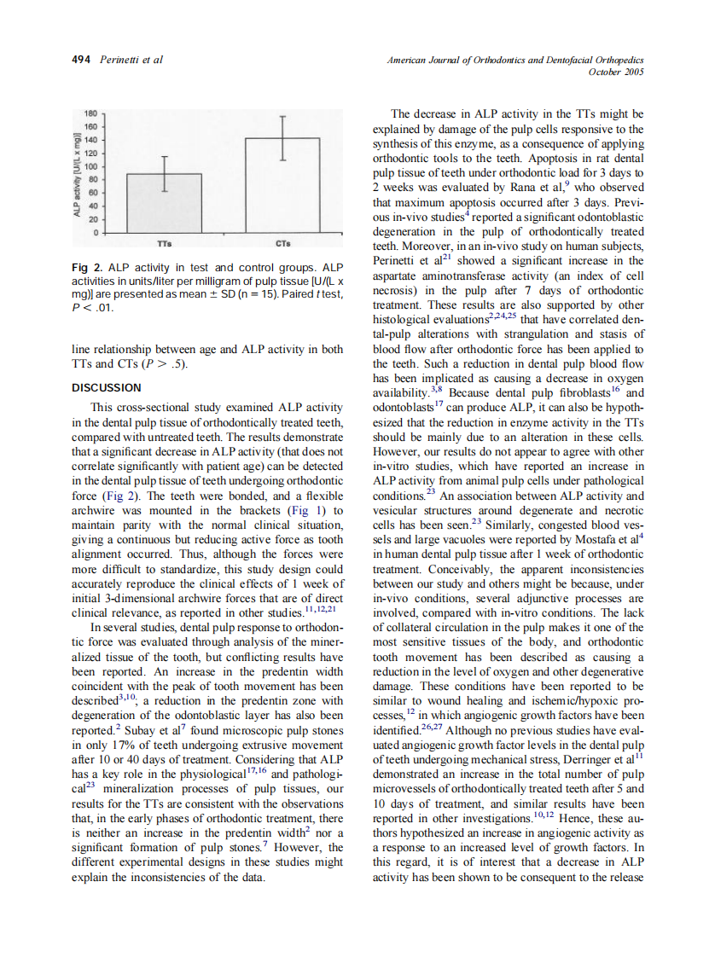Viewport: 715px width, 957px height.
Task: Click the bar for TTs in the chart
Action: tap(165, 203)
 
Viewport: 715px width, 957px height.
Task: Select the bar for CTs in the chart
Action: tap(282, 185)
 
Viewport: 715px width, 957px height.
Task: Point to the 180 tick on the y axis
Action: tap(90, 113)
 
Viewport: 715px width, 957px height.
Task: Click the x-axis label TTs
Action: tap(165, 242)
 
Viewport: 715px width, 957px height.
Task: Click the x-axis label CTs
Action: tap(282, 242)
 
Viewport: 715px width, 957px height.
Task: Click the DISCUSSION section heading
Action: tap(106, 388)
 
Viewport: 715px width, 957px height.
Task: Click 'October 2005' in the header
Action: tap(615, 72)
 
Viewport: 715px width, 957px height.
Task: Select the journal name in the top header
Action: tap(514, 60)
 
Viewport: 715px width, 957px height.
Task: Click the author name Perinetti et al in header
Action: tap(131, 60)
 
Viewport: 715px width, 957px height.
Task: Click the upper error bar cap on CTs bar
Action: tap(282, 116)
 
